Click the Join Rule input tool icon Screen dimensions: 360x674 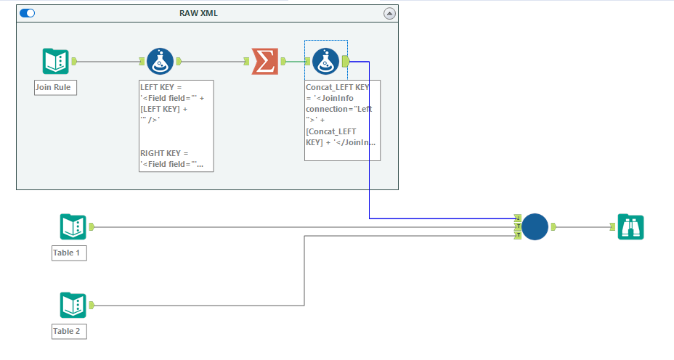tap(55, 62)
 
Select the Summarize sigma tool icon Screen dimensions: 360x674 tap(264, 62)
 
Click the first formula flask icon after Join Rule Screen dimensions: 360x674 tap(160, 62)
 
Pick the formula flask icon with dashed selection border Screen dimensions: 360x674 tap(326, 62)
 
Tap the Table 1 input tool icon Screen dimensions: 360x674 tap(73, 227)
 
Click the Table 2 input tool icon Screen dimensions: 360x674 tap(73, 306)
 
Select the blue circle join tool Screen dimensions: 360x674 tap(535, 227)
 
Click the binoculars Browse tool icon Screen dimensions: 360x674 tap(630, 227)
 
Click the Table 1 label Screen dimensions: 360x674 tap(69, 253)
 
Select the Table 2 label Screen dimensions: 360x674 tap(69, 332)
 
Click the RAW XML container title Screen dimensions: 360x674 tap(198, 13)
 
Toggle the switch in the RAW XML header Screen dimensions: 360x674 tap(28, 13)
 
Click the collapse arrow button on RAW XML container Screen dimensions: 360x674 tap(389, 13)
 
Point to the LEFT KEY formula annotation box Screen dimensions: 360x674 tap(176, 125)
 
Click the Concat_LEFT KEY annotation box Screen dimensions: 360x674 tap(342, 120)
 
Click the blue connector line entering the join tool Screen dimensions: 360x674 tap(370, 145)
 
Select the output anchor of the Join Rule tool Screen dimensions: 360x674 tap(74, 62)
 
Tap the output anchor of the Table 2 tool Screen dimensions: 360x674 tap(92, 306)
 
